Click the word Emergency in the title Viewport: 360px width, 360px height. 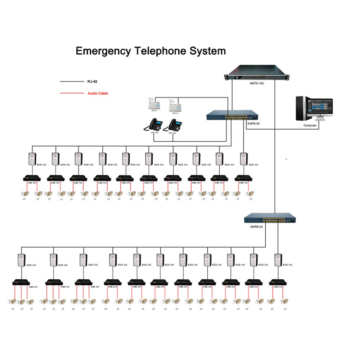[x=103, y=51]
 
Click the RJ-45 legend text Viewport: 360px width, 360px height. [x=93, y=82]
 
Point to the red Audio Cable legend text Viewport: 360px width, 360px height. [x=98, y=93]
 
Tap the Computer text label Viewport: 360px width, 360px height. [x=310, y=126]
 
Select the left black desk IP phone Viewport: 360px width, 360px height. [x=152, y=126]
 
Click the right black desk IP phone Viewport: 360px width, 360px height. [x=173, y=126]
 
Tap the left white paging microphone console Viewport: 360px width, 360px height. [x=154, y=104]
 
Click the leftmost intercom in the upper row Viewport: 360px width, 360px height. [x=33, y=159]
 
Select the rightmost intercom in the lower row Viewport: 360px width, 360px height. [x=278, y=260]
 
